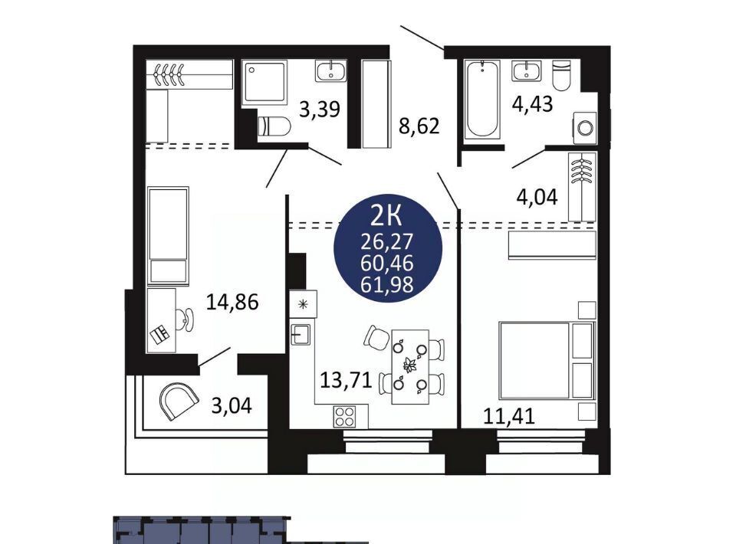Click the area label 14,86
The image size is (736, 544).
coord(232,302)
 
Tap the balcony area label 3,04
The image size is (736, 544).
coord(232,405)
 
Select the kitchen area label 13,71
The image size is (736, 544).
coord(346,380)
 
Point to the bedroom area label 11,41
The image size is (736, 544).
coord(509,416)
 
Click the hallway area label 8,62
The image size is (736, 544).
coord(419,126)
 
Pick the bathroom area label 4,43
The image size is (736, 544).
coord(532,103)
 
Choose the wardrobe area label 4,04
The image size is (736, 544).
coord(537,197)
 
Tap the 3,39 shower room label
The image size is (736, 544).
coord(320,110)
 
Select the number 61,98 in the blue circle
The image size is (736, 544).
coord(386,284)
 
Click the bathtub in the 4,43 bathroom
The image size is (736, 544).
coord(482,100)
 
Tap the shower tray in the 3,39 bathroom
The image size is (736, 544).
coord(264,84)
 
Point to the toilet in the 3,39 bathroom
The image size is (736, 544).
coord(274,126)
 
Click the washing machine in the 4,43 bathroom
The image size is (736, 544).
coord(585,127)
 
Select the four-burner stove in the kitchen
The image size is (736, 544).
coord(344,417)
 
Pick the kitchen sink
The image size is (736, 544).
coord(301,334)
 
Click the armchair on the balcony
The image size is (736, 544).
coord(178,401)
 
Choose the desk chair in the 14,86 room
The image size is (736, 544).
coord(186,320)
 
